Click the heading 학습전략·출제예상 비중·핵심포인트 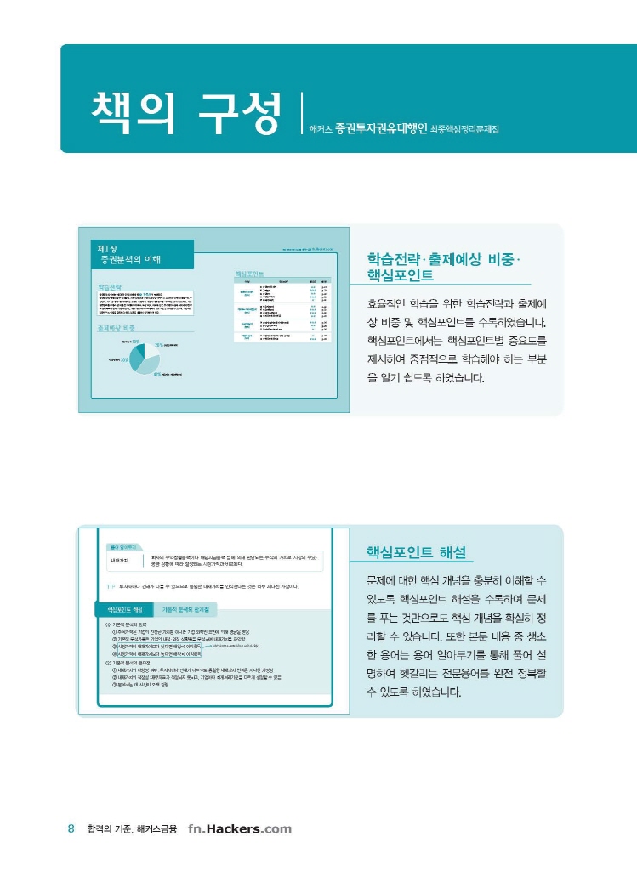pos(446,267)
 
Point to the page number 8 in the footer pos(71,829)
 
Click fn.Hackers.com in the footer pos(240,829)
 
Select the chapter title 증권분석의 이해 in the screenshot pos(130,258)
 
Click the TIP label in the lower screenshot pos(111,586)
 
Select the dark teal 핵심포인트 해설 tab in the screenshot pos(124,609)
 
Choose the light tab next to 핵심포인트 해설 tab pos(186,609)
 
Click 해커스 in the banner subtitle pos(321,132)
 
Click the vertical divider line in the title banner pos(302,113)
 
